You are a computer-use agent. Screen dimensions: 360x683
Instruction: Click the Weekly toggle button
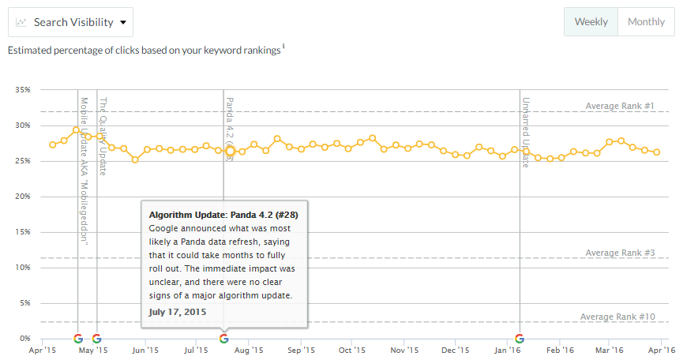coord(591,22)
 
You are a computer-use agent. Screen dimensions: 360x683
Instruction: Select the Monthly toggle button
coord(646,22)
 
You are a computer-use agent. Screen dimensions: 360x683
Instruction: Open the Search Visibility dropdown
coord(71,22)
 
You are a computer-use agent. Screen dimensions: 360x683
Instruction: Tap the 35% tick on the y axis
coord(22,90)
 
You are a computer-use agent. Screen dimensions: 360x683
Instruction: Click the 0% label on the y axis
coord(24,339)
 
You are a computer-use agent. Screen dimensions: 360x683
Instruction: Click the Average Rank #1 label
coord(621,106)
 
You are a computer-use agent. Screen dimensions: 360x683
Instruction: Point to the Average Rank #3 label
coord(621,253)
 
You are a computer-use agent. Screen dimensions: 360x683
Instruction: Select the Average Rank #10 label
coord(618,317)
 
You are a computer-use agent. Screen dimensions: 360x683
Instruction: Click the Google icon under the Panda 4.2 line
coord(223,339)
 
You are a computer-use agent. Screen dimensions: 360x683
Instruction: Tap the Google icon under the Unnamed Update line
coord(520,339)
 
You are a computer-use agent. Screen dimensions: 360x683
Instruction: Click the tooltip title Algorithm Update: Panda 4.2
coord(223,215)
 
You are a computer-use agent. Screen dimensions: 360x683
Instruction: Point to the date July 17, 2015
coord(178,311)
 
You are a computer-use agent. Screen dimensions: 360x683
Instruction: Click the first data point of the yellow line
coord(53,144)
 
